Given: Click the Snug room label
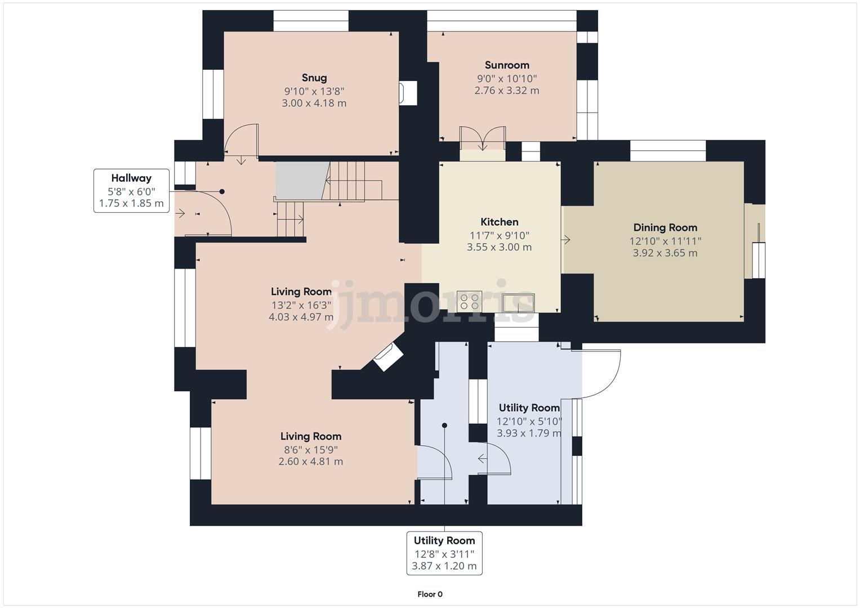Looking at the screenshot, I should pos(314,78).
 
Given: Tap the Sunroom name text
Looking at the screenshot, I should pos(507,65).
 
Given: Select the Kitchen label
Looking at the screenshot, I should pos(499,222).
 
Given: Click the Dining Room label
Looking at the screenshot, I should pos(665,227).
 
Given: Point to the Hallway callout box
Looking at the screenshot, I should pos(131,190).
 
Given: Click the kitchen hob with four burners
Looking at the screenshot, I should pos(469,301).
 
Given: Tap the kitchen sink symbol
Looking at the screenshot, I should pos(519,302).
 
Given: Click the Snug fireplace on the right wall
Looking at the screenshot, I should pos(408,93).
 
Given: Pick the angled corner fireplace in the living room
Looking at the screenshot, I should pos(389,356).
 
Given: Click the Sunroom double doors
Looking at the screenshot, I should pos(483,138).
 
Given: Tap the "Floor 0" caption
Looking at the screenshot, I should pos(430,594).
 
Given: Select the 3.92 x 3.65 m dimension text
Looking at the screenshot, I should pos(665,253).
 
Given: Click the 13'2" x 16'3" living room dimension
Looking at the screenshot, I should pos(301,305).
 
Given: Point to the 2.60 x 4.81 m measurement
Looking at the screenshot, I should pos(311,461).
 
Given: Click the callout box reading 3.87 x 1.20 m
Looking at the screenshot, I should pos(444,553).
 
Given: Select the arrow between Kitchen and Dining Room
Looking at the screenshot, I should pos(565,240).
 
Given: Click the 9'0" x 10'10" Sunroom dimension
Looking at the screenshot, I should pos(507,78).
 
